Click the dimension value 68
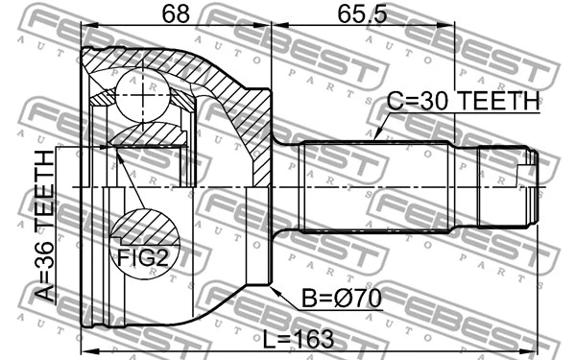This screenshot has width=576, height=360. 176,14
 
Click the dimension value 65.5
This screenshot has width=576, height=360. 362,14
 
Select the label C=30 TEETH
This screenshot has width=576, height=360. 464,101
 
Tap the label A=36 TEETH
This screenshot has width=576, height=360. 44,226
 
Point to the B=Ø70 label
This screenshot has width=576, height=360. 341,298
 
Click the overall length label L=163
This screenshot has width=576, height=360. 299,339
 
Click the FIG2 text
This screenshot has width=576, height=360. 142,257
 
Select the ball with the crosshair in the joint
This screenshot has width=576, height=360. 143,95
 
